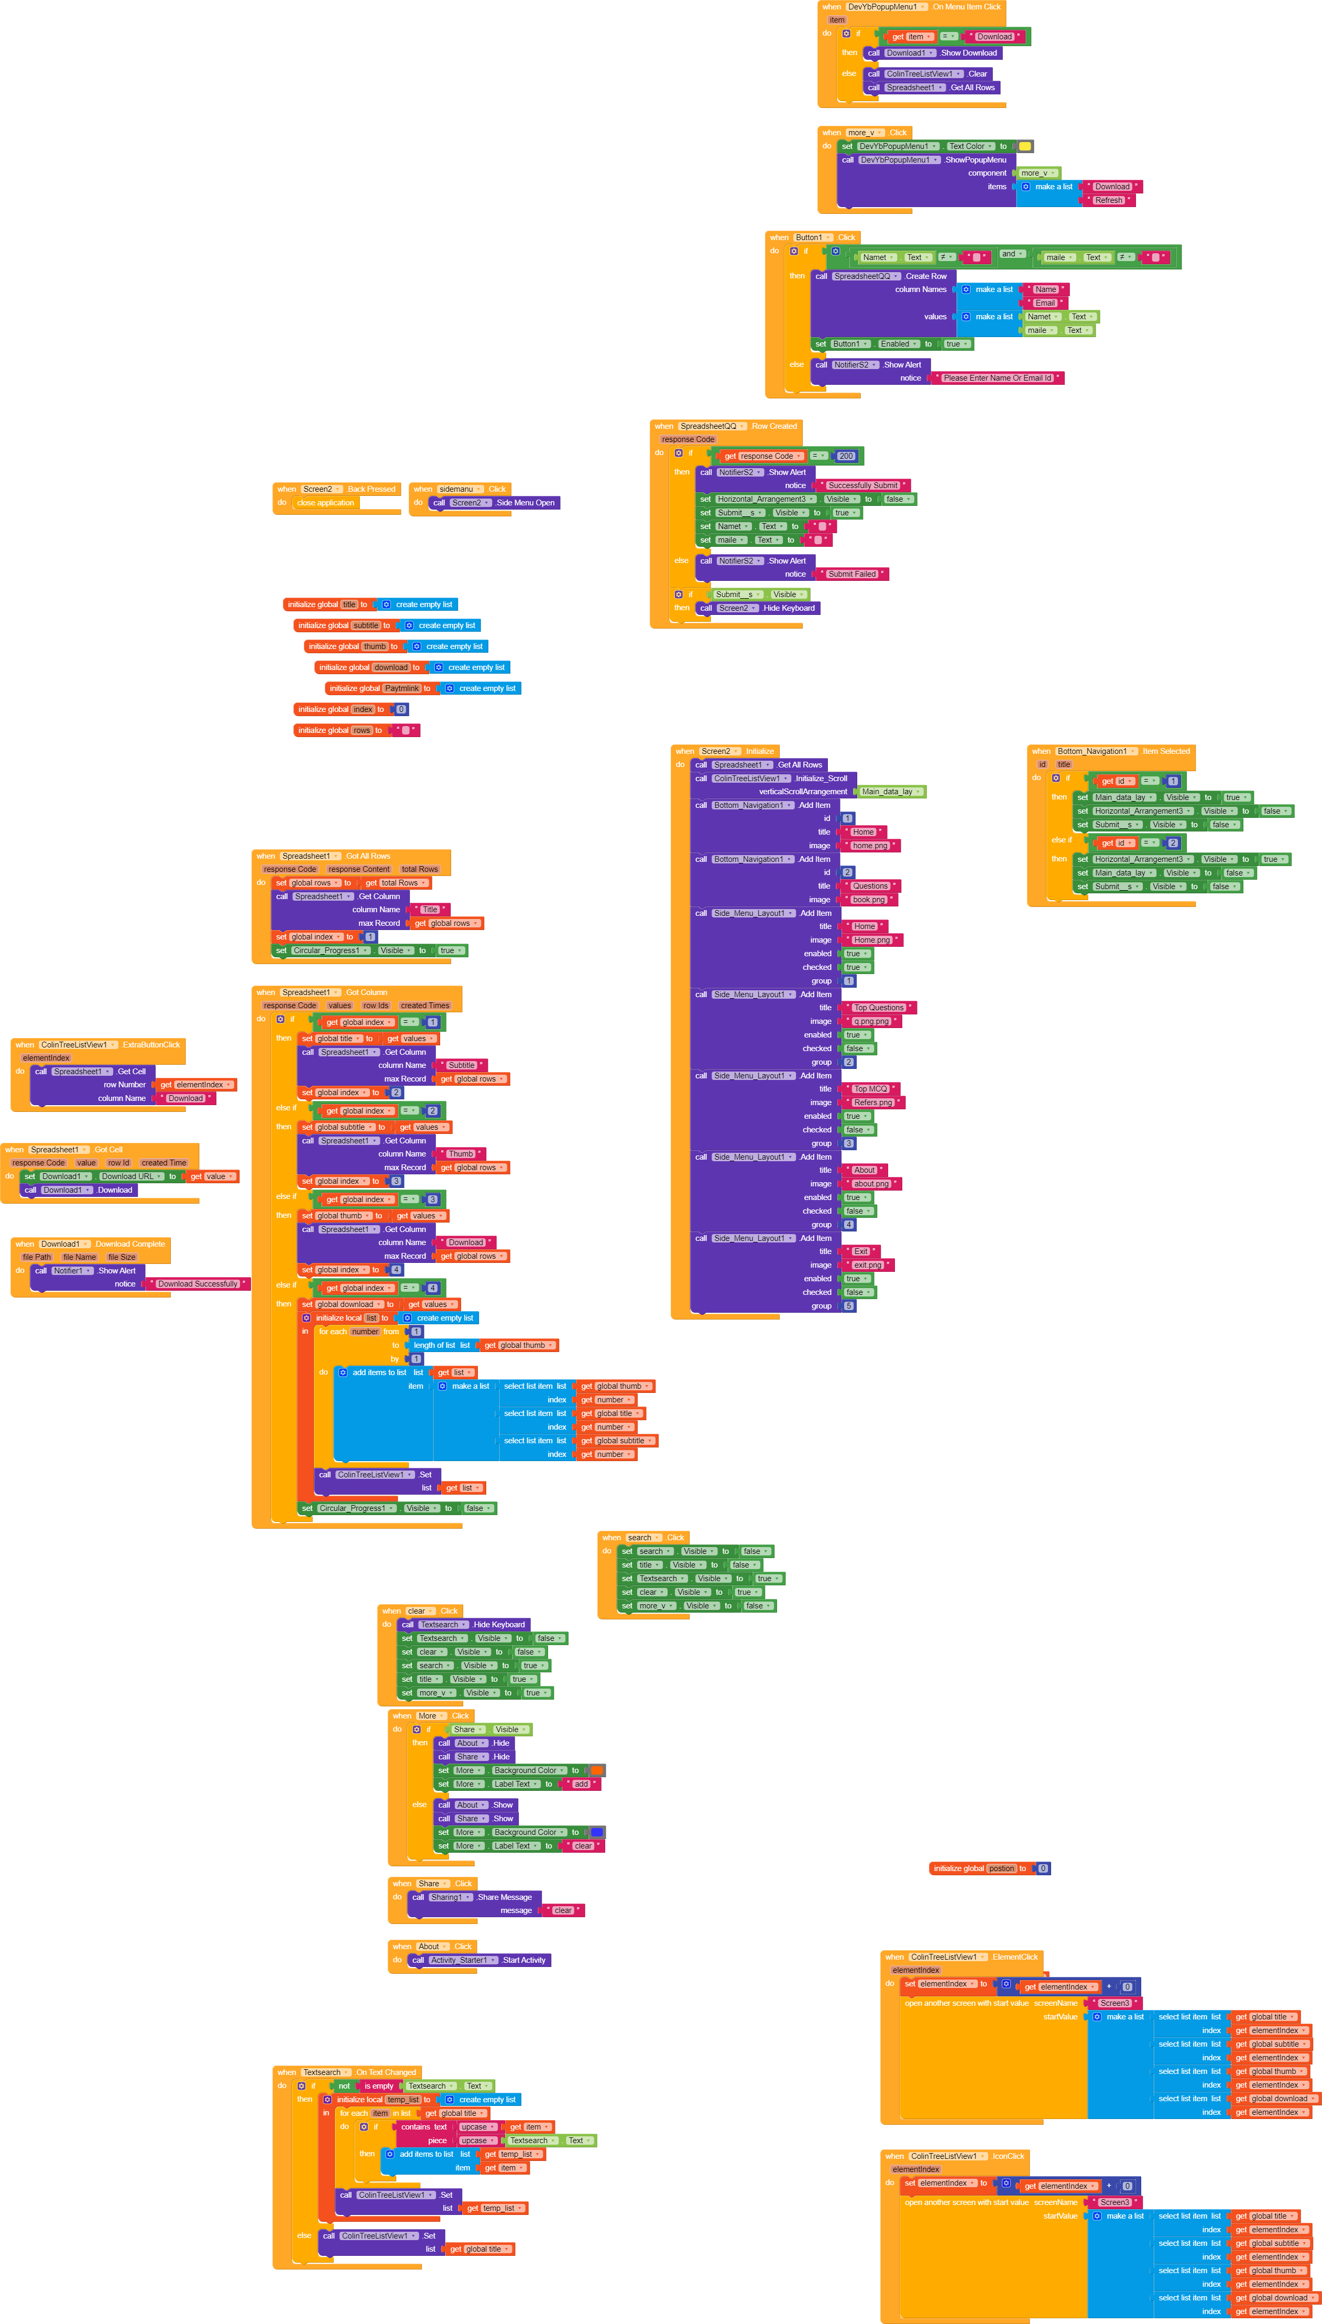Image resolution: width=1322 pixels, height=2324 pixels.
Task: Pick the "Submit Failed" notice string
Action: click(851, 574)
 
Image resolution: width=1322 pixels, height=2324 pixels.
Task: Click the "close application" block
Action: click(325, 503)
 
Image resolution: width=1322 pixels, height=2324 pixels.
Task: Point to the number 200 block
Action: click(845, 457)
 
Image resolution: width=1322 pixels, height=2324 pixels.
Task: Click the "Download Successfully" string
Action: click(197, 1284)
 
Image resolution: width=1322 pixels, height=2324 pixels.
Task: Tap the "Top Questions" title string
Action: click(878, 1008)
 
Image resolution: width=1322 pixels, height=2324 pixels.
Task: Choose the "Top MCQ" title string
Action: click(870, 1089)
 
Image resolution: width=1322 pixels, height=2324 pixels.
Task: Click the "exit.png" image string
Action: click(867, 1265)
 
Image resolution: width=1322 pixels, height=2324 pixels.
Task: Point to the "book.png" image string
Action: click(868, 900)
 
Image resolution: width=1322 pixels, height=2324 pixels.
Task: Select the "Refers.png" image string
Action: click(872, 1102)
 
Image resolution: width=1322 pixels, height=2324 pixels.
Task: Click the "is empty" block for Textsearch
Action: click(379, 2086)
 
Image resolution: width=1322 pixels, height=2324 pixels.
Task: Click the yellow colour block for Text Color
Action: click(1024, 146)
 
